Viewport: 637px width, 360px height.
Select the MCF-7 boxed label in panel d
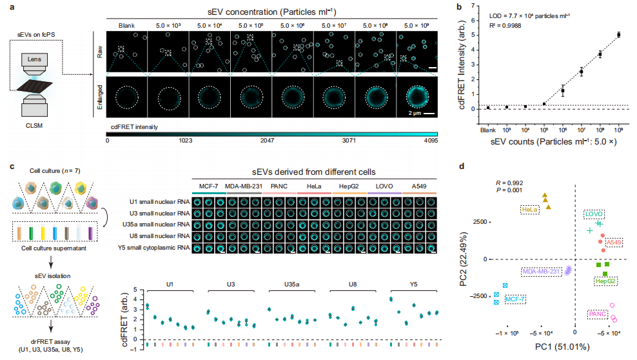515,299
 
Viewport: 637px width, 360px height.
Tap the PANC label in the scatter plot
597,314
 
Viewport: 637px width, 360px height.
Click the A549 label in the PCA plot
614,242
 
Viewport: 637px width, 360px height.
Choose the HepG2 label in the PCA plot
604,281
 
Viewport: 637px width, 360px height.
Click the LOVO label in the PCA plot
594,213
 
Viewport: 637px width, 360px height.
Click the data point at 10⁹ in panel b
619,35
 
